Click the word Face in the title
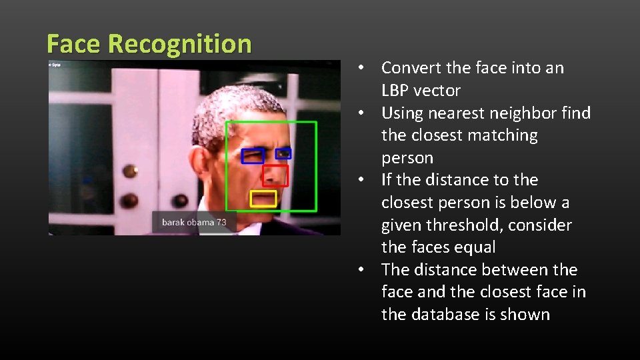click(x=74, y=44)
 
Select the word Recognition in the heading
click(x=179, y=44)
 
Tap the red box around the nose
click(x=275, y=176)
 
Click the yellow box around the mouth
click(x=263, y=199)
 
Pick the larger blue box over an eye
click(x=253, y=156)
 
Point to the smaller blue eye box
click(x=283, y=153)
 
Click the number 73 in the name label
click(x=221, y=222)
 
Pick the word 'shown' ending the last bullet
click(x=526, y=315)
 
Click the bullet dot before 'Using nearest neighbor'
click(x=360, y=113)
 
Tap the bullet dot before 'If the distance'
click(x=360, y=180)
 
